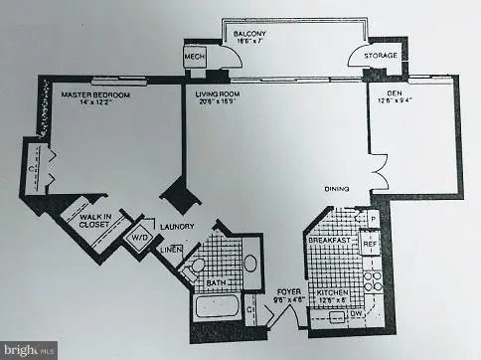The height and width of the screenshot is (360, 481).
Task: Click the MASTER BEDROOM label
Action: tap(90, 95)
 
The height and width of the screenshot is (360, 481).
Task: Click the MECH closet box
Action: tap(195, 58)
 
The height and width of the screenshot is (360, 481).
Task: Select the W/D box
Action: tap(136, 240)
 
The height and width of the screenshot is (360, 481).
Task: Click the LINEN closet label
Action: tap(170, 252)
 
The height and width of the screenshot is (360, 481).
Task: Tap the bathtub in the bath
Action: tap(218, 304)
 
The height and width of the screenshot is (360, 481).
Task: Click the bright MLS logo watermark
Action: tap(29, 350)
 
